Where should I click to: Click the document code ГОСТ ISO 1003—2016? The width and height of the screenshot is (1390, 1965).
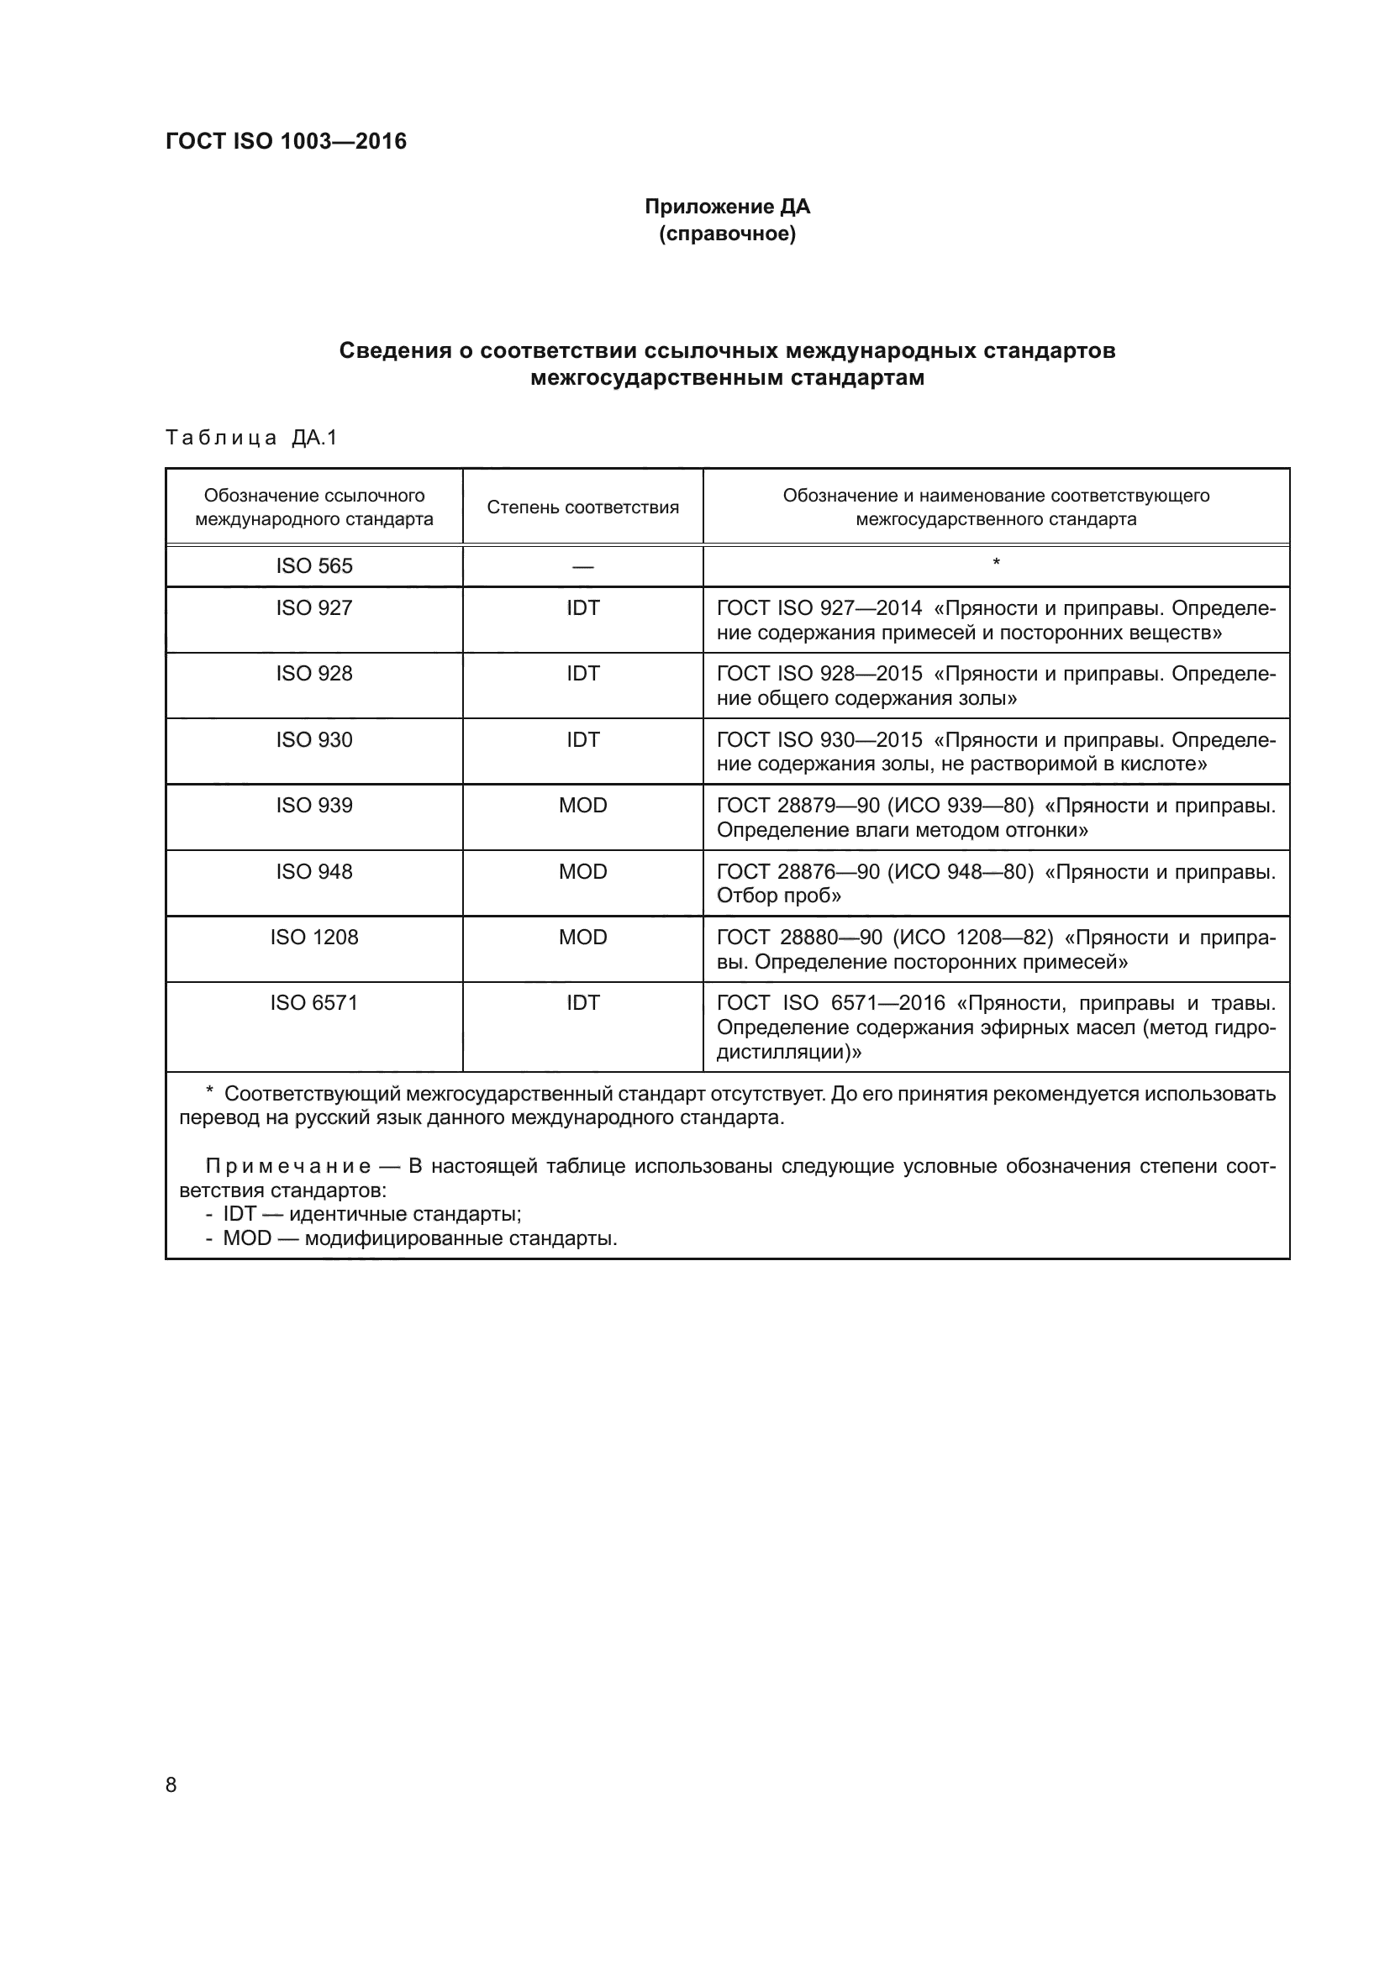[286, 141]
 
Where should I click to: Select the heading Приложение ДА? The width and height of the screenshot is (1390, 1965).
[727, 207]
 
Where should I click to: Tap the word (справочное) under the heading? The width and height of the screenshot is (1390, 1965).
[727, 234]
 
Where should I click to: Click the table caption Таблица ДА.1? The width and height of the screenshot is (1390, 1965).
[251, 439]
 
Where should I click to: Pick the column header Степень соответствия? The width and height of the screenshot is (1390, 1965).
[582, 507]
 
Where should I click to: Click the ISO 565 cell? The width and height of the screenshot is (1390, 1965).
[313, 565]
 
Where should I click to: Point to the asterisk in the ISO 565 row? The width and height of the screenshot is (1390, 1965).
[995, 562]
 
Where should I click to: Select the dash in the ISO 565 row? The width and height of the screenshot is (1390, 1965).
[582, 566]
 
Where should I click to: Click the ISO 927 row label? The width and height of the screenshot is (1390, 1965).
[313, 607]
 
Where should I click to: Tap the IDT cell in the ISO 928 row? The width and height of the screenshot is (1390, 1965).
[582, 674]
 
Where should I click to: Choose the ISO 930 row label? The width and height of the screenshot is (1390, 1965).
[313, 739]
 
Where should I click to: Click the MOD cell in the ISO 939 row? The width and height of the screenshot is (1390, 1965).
[582, 806]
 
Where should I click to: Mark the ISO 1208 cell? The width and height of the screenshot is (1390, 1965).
[313, 938]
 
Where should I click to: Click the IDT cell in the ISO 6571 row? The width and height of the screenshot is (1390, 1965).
[582, 1002]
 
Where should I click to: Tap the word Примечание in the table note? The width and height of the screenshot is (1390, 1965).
[287, 1167]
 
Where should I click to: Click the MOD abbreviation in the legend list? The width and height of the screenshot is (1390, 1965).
[246, 1238]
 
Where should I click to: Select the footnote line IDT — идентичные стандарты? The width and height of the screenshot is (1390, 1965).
[371, 1214]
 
